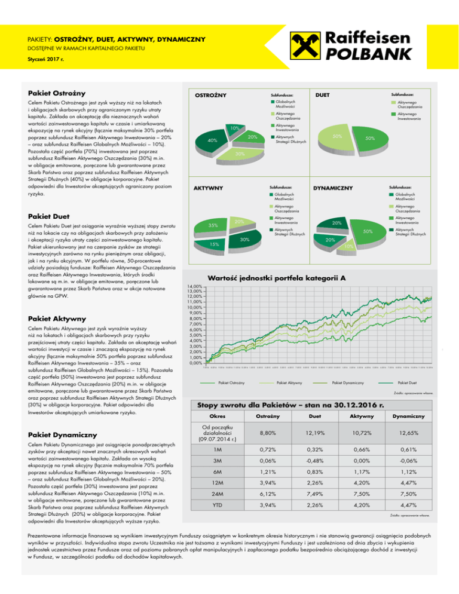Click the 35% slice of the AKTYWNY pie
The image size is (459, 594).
212,226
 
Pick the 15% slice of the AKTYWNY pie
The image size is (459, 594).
213,244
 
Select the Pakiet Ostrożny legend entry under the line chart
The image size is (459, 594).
231,382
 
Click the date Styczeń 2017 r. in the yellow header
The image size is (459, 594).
48,60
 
